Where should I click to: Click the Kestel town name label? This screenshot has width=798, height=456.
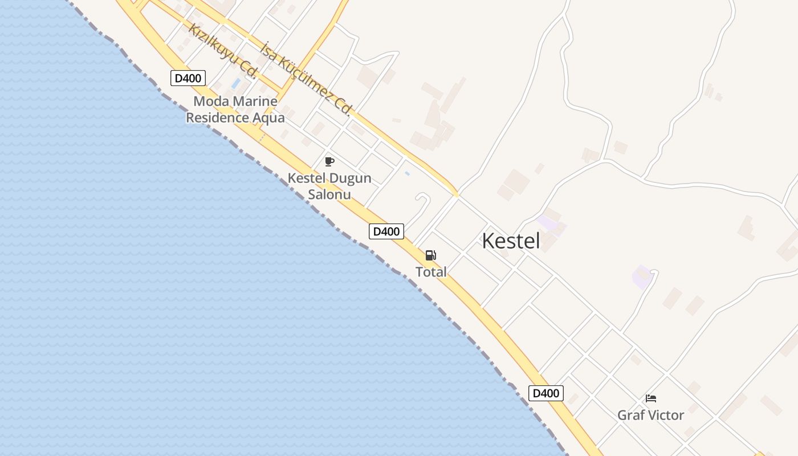tap(511, 241)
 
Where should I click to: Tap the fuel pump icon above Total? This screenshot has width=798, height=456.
tap(431, 255)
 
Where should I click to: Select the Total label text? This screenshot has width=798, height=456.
tap(431, 272)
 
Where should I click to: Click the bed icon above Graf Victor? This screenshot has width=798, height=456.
tap(651, 398)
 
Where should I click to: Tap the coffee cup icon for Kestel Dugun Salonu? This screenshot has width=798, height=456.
tap(329, 161)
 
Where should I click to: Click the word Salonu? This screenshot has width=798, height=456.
tap(329, 194)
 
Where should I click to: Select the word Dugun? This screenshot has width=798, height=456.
tap(349, 178)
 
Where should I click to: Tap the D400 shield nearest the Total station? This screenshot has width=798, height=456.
tap(386, 231)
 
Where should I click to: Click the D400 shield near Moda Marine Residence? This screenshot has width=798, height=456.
tap(188, 78)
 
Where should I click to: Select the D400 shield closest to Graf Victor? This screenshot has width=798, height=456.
tap(546, 393)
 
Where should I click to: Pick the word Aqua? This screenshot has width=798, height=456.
tap(272, 118)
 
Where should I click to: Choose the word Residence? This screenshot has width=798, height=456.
tap(219, 118)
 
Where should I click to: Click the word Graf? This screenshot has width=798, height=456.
tap(630, 415)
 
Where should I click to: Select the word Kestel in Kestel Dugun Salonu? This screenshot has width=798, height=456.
tap(308, 178)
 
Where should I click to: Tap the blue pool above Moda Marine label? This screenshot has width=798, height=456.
tap(236, 84)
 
